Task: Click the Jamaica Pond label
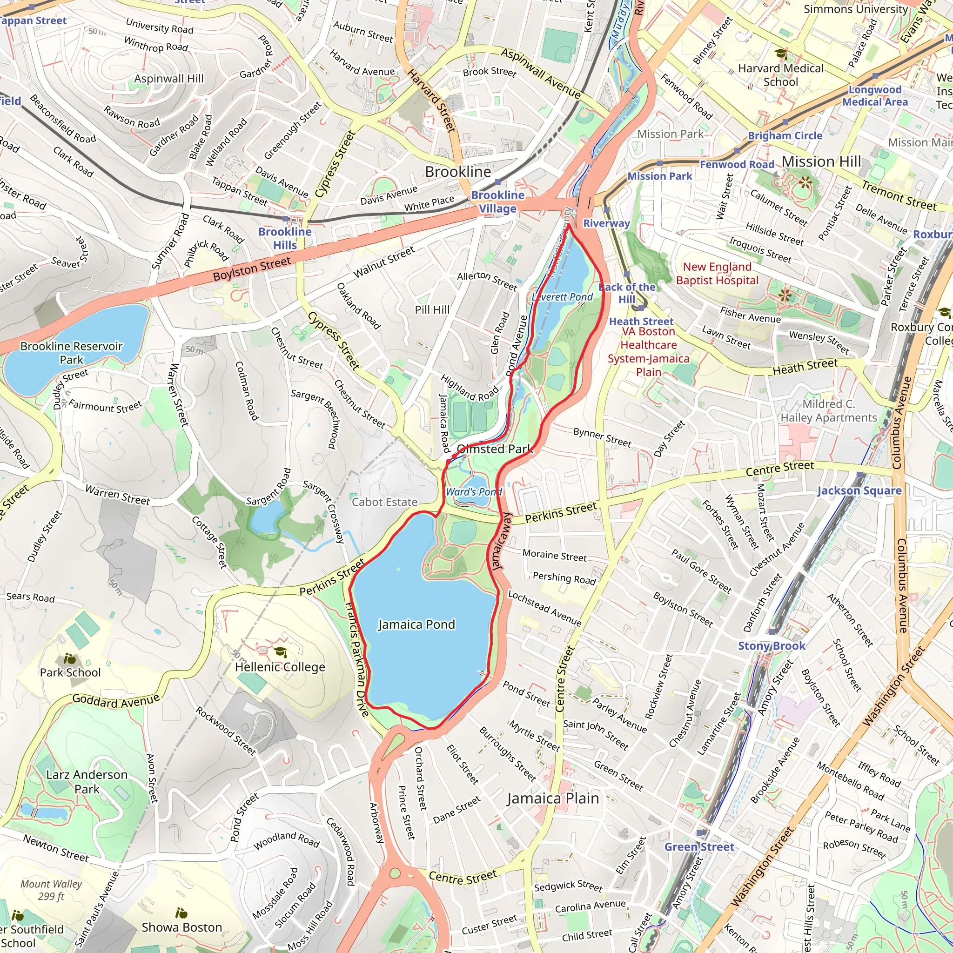pyautogui.click(x=416, y=624)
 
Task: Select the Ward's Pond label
pyautogui.click(x=474, y=492)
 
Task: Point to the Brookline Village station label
pyautogui.click(x=498, y=202)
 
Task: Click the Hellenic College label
pyautogui.click(x=280, y=667)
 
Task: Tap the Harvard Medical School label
pyautogui.click(x=781, y=75)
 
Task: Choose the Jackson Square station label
pyautogui.click(x=859, y=490)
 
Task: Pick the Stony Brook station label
pyautogui.click(x=772, y=646)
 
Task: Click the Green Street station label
pyautogui.click(x=699, y=847)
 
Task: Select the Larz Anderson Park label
pyautogui.click(x=87, y=782)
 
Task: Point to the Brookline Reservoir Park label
pyautogui.click(x=72, y=353)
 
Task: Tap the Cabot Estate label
pyautogui.click(x=384, y=502)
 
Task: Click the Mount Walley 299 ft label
pyautogui.click(x=51, y=890)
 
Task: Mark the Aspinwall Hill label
pyautogui.click(x=169, y=79)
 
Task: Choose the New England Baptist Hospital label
pyautogui.click(x=717, y=273)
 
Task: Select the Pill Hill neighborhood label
pyautogui.click(x=432, y=309)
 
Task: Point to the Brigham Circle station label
pyautogui.click(x=785, y=136)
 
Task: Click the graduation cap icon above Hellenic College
pyautogui.click(x=280, y=652)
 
